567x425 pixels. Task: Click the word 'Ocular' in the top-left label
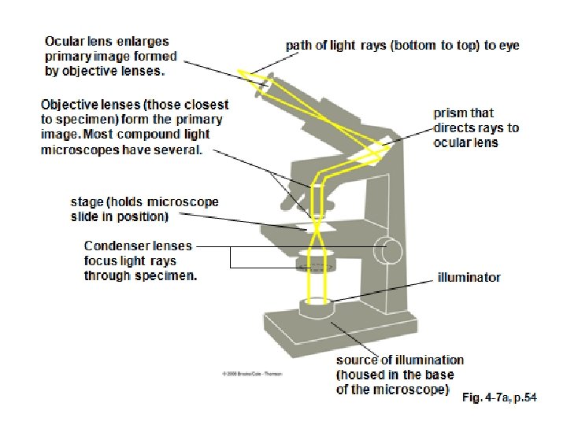tap(65, 41)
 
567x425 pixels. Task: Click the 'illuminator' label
tap(469, 277)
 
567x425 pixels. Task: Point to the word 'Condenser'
tap(117, 246)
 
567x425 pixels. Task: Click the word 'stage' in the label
tap(88, 202)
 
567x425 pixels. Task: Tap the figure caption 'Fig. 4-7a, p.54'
tap(498, 397)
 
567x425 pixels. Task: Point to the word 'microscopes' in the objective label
tap(78, 150)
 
